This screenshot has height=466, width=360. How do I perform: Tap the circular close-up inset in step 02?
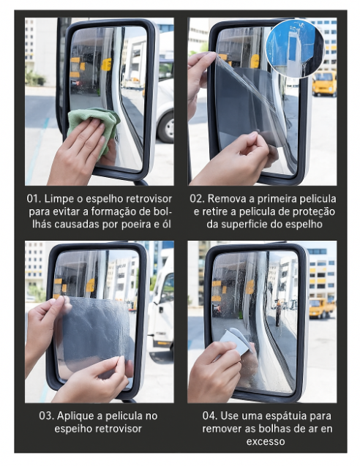pyautogui.click(x=295, y=48)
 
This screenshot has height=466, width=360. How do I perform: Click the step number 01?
pyautogui.click(x=34, y=198)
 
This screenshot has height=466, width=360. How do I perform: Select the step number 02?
pyautogui.click(x=197, y=198)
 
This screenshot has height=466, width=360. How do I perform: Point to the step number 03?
pyautogui.click(x=46, y=416)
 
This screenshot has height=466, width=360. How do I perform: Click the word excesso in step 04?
pyautogui.click(x=266, y=442)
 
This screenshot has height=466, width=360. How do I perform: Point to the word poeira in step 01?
pyautogui.click(x=136, y=225)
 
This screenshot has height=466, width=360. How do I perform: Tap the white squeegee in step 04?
pyautogui.click(x=236, y=341)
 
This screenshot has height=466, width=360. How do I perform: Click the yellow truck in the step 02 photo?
pyautogui.click(x=324, y=83)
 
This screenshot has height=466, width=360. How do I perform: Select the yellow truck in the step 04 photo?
pyautogui.click(x=322, y=308)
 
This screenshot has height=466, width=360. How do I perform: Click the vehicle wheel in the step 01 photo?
pyautogui.click(x=167, y=127)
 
